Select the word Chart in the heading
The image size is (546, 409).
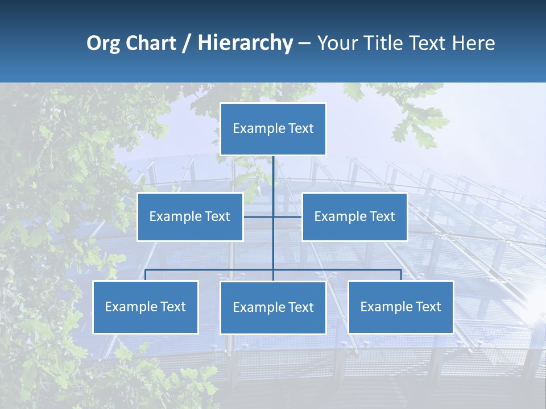151,43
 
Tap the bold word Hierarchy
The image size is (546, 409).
245,43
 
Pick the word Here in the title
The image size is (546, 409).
473,43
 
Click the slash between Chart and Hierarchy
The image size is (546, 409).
187,44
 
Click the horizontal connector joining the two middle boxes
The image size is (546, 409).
287,216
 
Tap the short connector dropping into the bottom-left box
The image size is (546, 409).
146,275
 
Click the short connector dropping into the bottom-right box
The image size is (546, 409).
401,275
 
